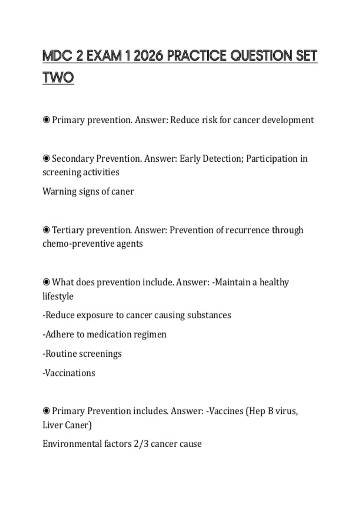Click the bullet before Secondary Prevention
46,158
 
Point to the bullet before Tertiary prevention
46,230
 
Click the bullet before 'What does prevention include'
46,282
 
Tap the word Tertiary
68,230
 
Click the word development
288,120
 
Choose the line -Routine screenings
82,354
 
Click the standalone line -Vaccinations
69,373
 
